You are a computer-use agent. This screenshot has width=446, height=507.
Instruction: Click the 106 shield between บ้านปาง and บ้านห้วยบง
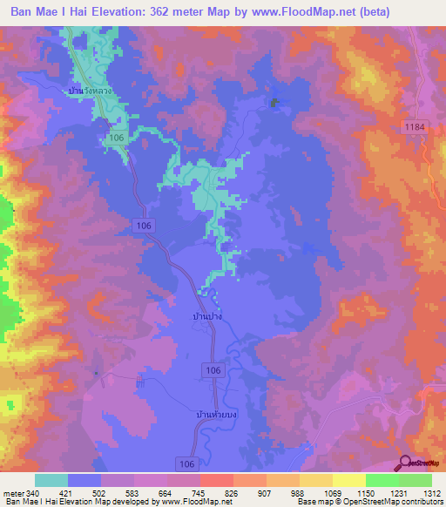click(x=214, y=371)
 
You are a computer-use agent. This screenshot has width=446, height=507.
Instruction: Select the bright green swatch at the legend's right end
click(x=415, y=480)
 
